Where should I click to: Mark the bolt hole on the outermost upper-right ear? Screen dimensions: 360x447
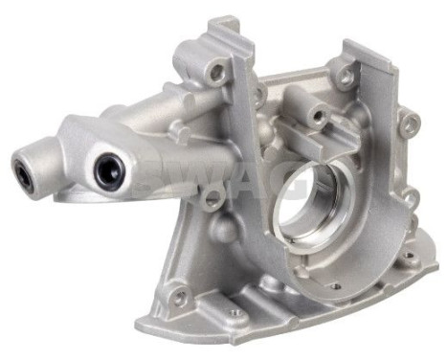click(x=410, y=123)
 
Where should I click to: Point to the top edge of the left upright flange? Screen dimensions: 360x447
click(x=222, y=21)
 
